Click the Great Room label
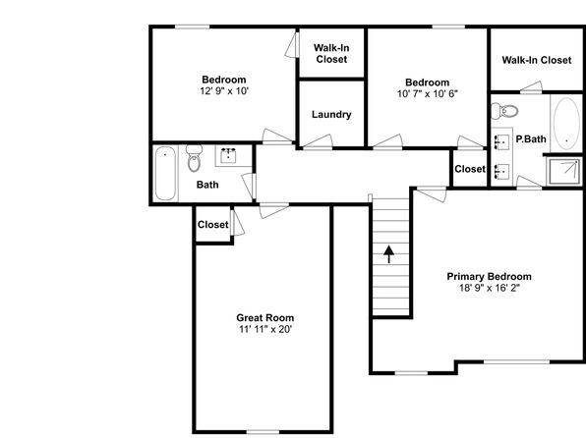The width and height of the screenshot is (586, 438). tap(264, 318)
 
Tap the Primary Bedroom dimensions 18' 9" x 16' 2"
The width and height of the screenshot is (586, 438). tap(490, 288)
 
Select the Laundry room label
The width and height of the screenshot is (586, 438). tap(331, 114)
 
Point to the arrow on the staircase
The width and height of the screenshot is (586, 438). tap(388, 254)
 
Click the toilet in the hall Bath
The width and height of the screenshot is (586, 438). tap(194, 158)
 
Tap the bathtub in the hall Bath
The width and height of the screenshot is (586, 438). tap(165, 173)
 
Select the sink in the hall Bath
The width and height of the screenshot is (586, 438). tap(228, 156)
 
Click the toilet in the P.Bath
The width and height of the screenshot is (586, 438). tap(504, 111)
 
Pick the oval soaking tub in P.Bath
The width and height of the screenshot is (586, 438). tap(566, 124)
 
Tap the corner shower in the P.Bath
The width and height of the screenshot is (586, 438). tap(564, 171)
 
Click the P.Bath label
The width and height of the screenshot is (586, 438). tap(531, 139)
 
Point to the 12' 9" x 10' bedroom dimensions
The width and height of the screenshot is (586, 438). tap(224, 91)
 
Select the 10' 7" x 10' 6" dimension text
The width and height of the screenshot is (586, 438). tap(427, 93)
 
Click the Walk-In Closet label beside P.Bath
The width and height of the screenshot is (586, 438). tap(537, 60)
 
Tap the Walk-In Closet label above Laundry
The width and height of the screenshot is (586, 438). tap(331, 53)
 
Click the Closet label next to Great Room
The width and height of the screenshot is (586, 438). tap(212, 225)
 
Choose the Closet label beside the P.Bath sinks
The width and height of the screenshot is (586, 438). tap(470, 169)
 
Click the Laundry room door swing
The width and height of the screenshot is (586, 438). tap(318, 141)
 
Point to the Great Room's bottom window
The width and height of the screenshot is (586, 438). tap(264, 432)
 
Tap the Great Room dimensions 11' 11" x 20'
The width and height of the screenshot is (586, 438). tap(265, 329)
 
